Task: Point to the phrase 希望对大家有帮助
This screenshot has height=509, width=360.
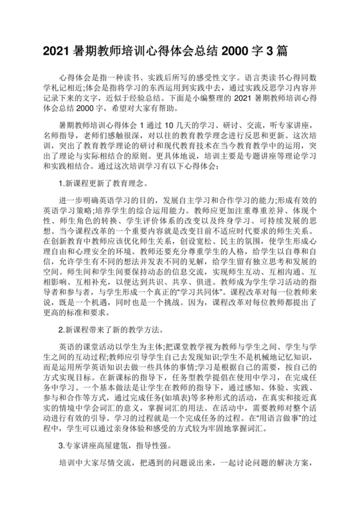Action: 130,109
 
